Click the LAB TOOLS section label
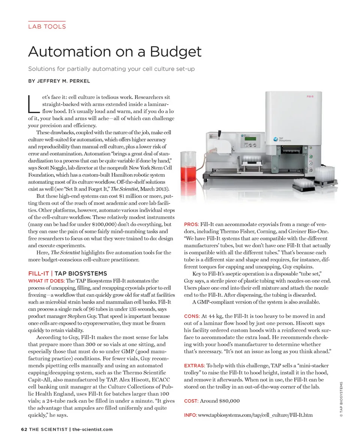pyautogui.click(x=47, y=27)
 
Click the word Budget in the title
pyautogui.click(x=176, y=52)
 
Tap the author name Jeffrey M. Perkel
pyautogui.click(x=64, y=81)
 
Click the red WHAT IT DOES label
pyautogui.click(x=46, y=281)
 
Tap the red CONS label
pyautogui.click(x=192, y=316)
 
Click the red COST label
pyautogui.click(x=191, y=401)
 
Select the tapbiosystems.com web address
pyautogui.click(x=255, y=415)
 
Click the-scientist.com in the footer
pyautogui.click(x=92, y=429)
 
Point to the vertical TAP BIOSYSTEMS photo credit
pyautogui.click(x=341, y=399)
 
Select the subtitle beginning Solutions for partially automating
pyautogui.click(x=111, y=69)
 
